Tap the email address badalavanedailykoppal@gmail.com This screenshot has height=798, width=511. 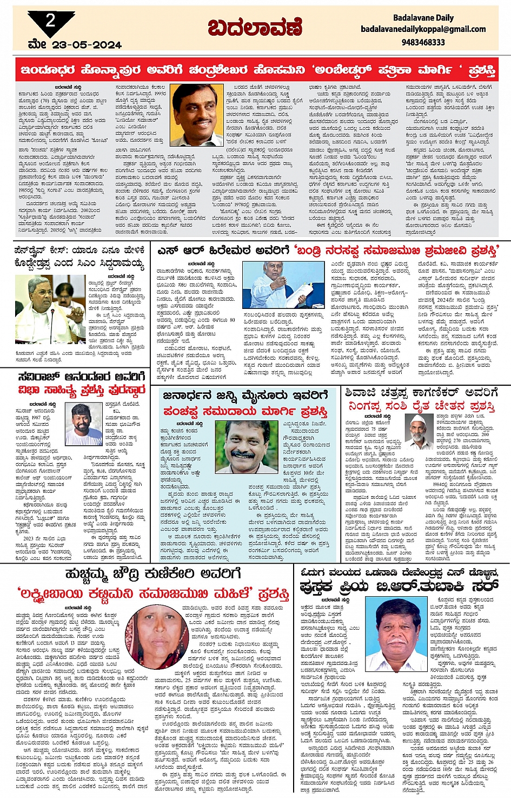423,29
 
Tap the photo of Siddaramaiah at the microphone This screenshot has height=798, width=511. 50,309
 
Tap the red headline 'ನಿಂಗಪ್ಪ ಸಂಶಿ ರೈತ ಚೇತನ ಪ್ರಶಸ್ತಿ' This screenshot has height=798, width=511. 421,406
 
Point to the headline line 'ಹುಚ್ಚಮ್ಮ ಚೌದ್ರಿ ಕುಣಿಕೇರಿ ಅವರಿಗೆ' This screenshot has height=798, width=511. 152,573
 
